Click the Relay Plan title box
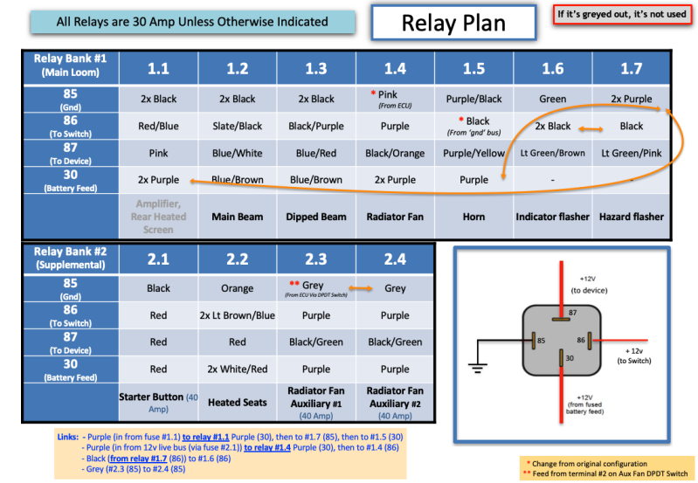453,22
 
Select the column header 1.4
395,68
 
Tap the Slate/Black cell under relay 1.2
237,126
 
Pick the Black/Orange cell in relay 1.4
395,153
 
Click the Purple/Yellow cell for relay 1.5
473,153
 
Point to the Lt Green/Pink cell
631,153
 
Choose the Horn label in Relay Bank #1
473,216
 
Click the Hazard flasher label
631,216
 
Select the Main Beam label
237,216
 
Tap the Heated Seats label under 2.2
237,403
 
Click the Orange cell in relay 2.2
237,288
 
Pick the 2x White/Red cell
237,369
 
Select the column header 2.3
316,259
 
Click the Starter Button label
158,403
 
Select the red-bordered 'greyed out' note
621,15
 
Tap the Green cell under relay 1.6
552,99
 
